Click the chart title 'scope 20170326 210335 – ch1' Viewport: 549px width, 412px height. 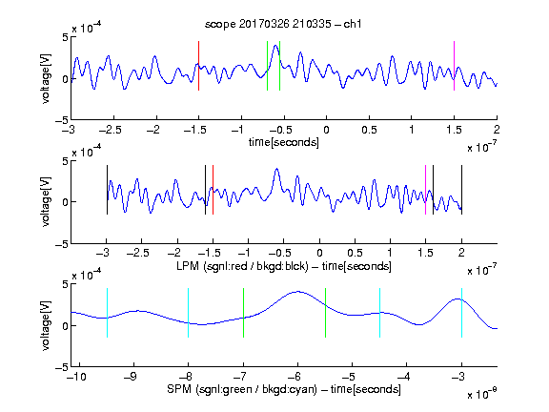point(283,24)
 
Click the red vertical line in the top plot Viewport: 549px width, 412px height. point(198,66)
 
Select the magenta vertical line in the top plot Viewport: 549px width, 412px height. point(454,66)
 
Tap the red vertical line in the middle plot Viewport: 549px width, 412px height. point(213,190)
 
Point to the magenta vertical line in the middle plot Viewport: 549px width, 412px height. point(425,190)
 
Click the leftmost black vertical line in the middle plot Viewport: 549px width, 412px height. point(107,190)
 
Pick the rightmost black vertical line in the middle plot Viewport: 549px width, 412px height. point(461,190)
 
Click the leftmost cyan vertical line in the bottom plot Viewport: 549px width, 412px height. point(107,313)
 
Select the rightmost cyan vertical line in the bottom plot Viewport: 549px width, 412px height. point(461,313)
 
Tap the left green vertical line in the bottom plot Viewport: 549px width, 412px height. point(243,313)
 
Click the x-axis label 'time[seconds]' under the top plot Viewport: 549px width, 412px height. point(284,142)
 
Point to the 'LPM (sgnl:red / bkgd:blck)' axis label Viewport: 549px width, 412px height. point(242,266)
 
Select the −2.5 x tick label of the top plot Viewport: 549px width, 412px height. point(111,130)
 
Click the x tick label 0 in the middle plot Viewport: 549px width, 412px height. point(319,253)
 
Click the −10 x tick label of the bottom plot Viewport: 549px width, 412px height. point(76,377)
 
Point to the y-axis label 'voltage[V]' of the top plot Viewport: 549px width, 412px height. point(46,78)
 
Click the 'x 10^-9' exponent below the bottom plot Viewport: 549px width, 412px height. point(481,394)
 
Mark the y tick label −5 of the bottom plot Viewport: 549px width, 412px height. point(62,367)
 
